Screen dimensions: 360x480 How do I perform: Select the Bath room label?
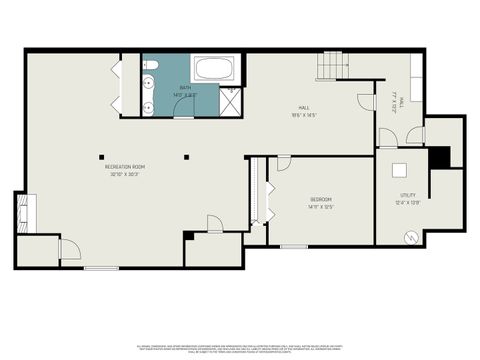click(186, 89)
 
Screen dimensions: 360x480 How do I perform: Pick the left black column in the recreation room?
click(102, 155)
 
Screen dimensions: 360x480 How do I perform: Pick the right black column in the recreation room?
click(186, 155)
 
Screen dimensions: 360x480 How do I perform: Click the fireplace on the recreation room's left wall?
click(22, 213)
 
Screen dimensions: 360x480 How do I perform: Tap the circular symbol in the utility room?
click(411, 236)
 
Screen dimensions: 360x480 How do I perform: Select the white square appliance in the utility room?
click(400, 170)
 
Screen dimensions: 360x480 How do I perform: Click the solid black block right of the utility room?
click(437, 158)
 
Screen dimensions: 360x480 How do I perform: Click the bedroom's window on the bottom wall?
click(293, 246)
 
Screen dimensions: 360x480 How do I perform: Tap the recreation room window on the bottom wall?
click(100, 268)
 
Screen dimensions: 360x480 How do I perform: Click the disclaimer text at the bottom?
click(240, 347)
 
